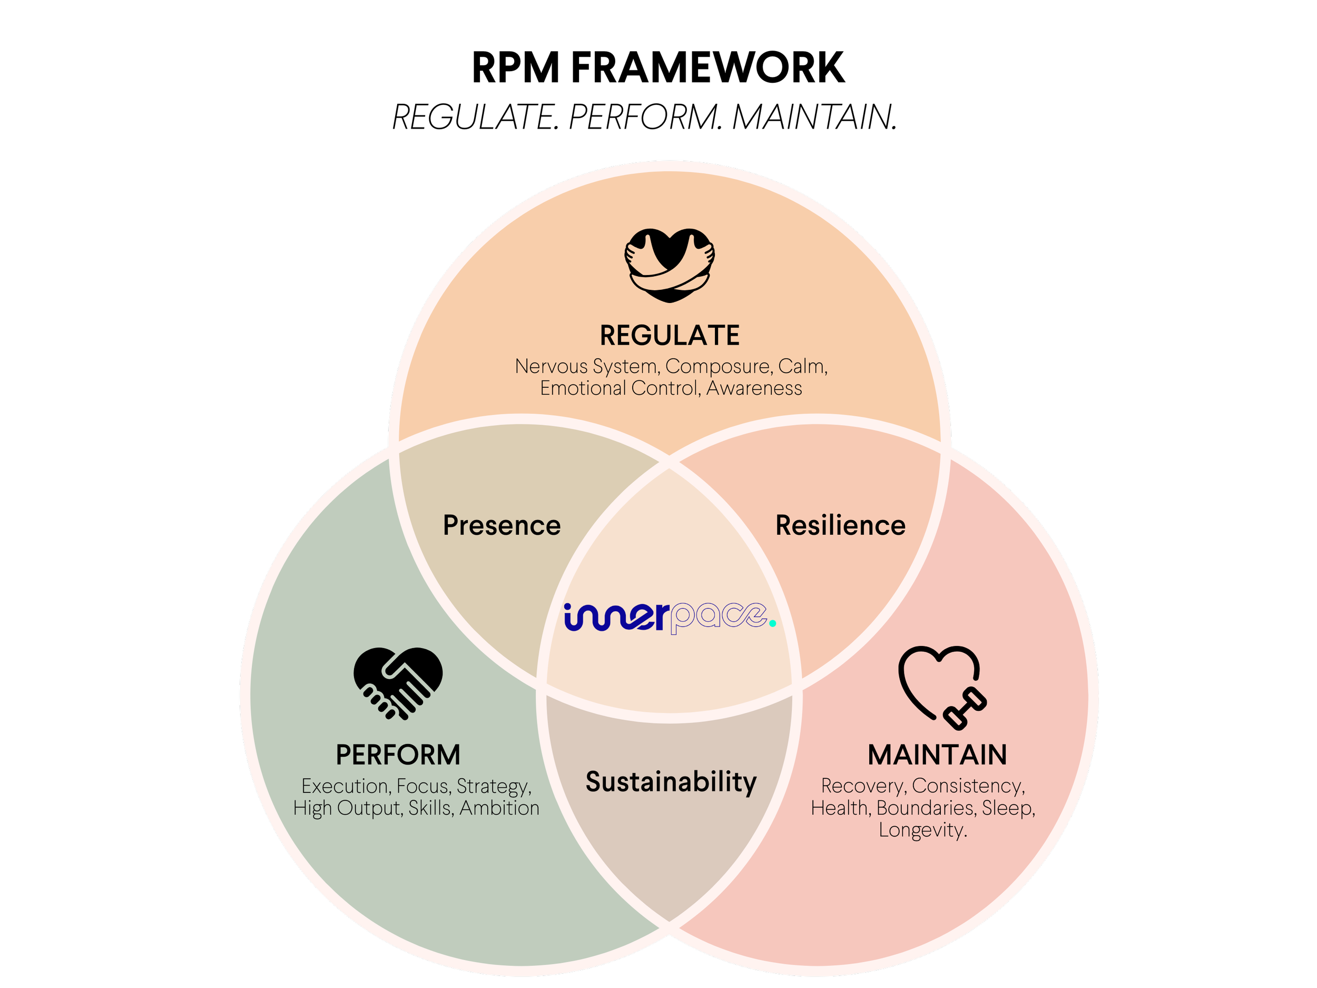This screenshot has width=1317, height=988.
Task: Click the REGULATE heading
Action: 669,336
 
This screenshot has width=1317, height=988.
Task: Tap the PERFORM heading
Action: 398,755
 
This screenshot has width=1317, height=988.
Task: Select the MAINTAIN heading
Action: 937,755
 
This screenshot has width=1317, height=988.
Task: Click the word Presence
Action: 502,526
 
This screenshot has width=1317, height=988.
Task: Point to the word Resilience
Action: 840,526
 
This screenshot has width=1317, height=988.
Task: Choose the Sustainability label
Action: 671,782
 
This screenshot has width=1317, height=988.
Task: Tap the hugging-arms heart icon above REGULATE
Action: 669,265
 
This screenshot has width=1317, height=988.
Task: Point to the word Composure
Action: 717,367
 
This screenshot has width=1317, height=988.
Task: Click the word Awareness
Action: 754,389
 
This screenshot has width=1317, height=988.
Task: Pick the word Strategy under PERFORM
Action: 493,787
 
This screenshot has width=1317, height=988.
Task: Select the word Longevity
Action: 922,830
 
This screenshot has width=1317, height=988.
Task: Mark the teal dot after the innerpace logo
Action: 772,623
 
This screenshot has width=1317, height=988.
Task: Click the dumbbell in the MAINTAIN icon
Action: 965,709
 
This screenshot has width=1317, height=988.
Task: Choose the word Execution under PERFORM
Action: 346,787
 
